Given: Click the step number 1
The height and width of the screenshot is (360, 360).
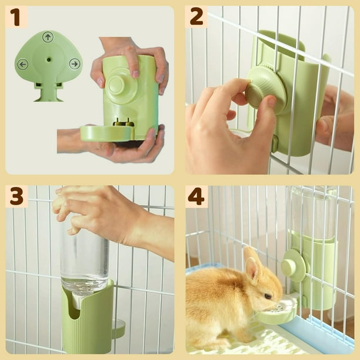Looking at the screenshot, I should coord(16,17).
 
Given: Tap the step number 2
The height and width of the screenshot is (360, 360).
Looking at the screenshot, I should coord(196,17).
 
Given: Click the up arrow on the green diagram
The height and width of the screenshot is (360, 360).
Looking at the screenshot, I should coord(48,36).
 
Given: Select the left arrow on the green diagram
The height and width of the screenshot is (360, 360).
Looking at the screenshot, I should coord(22,64).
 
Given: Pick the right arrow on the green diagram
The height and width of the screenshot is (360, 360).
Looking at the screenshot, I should coord(74,64).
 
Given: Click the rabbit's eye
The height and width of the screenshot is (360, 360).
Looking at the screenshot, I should coord(268,296).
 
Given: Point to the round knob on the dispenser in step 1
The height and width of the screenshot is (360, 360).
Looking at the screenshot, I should coord(117,85).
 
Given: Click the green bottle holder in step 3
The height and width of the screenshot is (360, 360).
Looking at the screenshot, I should coord(88,321).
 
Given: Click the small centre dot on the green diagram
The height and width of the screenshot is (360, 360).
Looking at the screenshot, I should coord(48,59).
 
